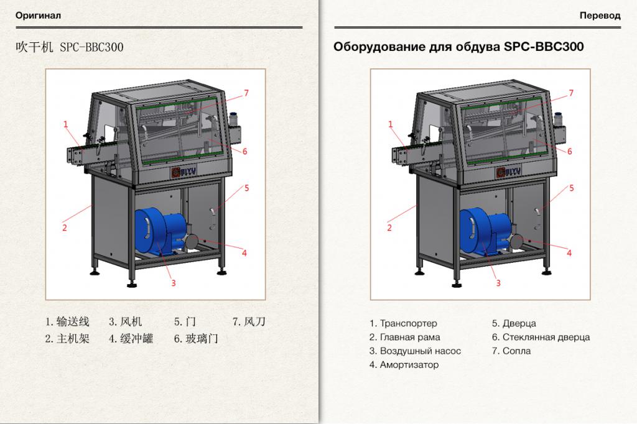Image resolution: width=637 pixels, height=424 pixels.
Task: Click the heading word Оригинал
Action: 38,16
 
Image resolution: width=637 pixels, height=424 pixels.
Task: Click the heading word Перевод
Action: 600,16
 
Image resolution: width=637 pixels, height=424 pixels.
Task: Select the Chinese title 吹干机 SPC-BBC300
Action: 70,47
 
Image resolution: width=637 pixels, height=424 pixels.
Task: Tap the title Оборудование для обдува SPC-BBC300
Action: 458,47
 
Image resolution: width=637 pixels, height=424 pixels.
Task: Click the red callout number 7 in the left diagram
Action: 246,93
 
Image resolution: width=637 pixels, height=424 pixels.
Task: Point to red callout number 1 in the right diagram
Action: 391,124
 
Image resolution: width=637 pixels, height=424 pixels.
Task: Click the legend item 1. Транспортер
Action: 403,323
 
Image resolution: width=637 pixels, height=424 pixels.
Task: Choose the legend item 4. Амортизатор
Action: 404,365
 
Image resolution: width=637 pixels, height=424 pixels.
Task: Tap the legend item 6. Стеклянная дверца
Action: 541,337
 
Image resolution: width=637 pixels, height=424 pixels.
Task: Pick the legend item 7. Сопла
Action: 511,351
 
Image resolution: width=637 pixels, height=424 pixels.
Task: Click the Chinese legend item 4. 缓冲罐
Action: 131,339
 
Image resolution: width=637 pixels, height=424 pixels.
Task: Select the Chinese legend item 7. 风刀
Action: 249,321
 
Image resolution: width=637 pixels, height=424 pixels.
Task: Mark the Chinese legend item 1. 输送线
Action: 67,321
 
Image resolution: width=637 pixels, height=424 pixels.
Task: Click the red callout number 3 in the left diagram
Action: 174,283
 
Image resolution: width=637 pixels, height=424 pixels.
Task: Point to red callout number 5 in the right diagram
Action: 571,188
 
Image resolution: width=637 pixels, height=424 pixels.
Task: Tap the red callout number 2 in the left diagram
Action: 64,228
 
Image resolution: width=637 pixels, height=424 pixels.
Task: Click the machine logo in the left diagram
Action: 184,172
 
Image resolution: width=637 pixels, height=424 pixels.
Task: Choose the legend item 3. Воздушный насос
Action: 415,351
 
